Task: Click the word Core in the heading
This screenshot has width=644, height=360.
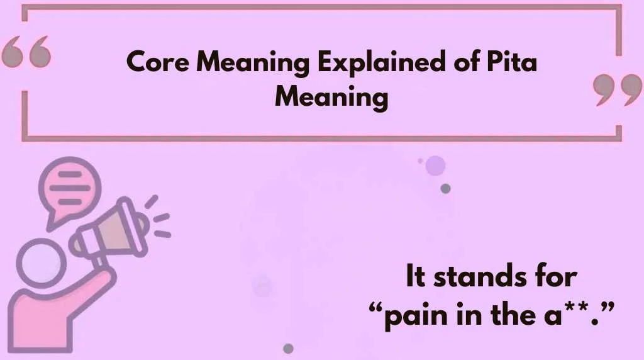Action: [x=153, y=63]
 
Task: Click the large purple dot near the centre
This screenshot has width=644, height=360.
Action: [x=435, y=166]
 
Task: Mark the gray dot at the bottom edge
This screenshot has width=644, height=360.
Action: [x=288, y=348]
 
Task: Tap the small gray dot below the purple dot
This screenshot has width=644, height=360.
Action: [x=445, y=188]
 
